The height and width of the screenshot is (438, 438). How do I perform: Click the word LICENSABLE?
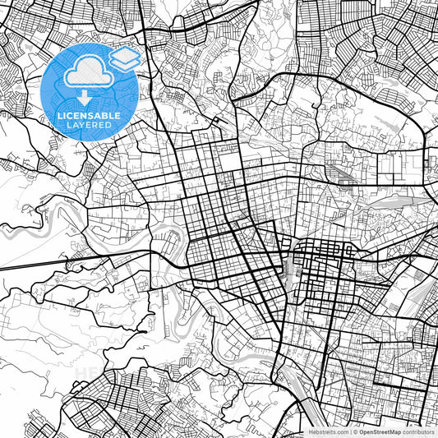point(90,116)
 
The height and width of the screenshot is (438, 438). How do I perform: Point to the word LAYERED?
point(90,125)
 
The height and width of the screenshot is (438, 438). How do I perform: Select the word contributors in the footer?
point(418,431)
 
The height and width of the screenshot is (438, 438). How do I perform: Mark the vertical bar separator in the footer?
point(350,431)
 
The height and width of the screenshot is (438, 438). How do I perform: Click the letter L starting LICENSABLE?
point(58,116)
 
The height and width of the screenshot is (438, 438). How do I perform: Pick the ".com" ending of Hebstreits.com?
point(340,431)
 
